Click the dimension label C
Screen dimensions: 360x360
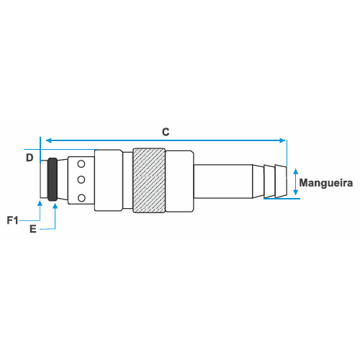click(166, 132)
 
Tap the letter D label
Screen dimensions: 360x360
click(30, 158)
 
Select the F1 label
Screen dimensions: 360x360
click(12, 220)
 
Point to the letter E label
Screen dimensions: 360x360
click(33, 229)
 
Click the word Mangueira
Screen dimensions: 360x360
click(326, 183)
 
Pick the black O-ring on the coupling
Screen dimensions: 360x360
click(53, 179)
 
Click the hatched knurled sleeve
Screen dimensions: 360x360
click(149, 181)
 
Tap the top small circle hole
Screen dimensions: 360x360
click(81, 164)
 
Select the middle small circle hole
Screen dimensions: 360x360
click(81, 179)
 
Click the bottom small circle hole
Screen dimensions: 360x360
click(81, 198)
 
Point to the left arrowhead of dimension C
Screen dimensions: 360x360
click(48, 140)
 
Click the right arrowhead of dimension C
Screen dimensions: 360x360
click(282, 140)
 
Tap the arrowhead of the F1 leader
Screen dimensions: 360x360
click(40, 204)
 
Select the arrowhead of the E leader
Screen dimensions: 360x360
click(55, 206)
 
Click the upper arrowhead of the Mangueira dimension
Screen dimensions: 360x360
click(296, 171)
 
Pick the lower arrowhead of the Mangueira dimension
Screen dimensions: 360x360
click(296, 192)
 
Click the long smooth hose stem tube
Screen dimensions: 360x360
click(223, 181)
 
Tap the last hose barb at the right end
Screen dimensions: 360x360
click(281, 181)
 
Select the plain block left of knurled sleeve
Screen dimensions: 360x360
click(109, 180)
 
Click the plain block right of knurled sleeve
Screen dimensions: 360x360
click(179, 181)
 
